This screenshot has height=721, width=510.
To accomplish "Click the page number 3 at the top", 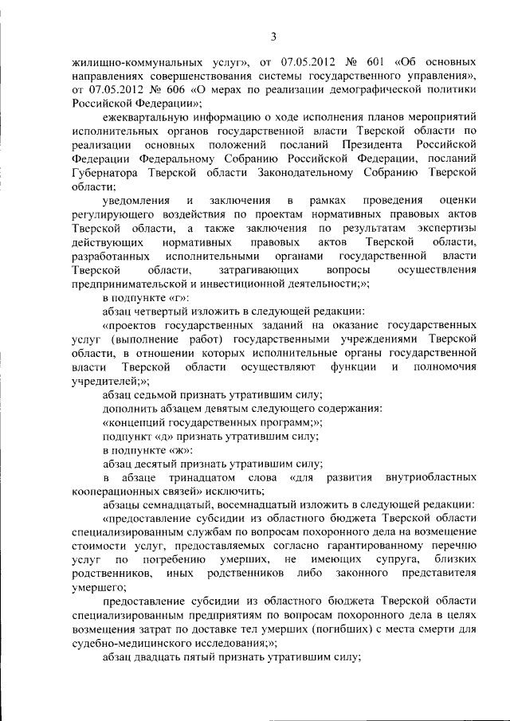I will coord(273,36).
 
